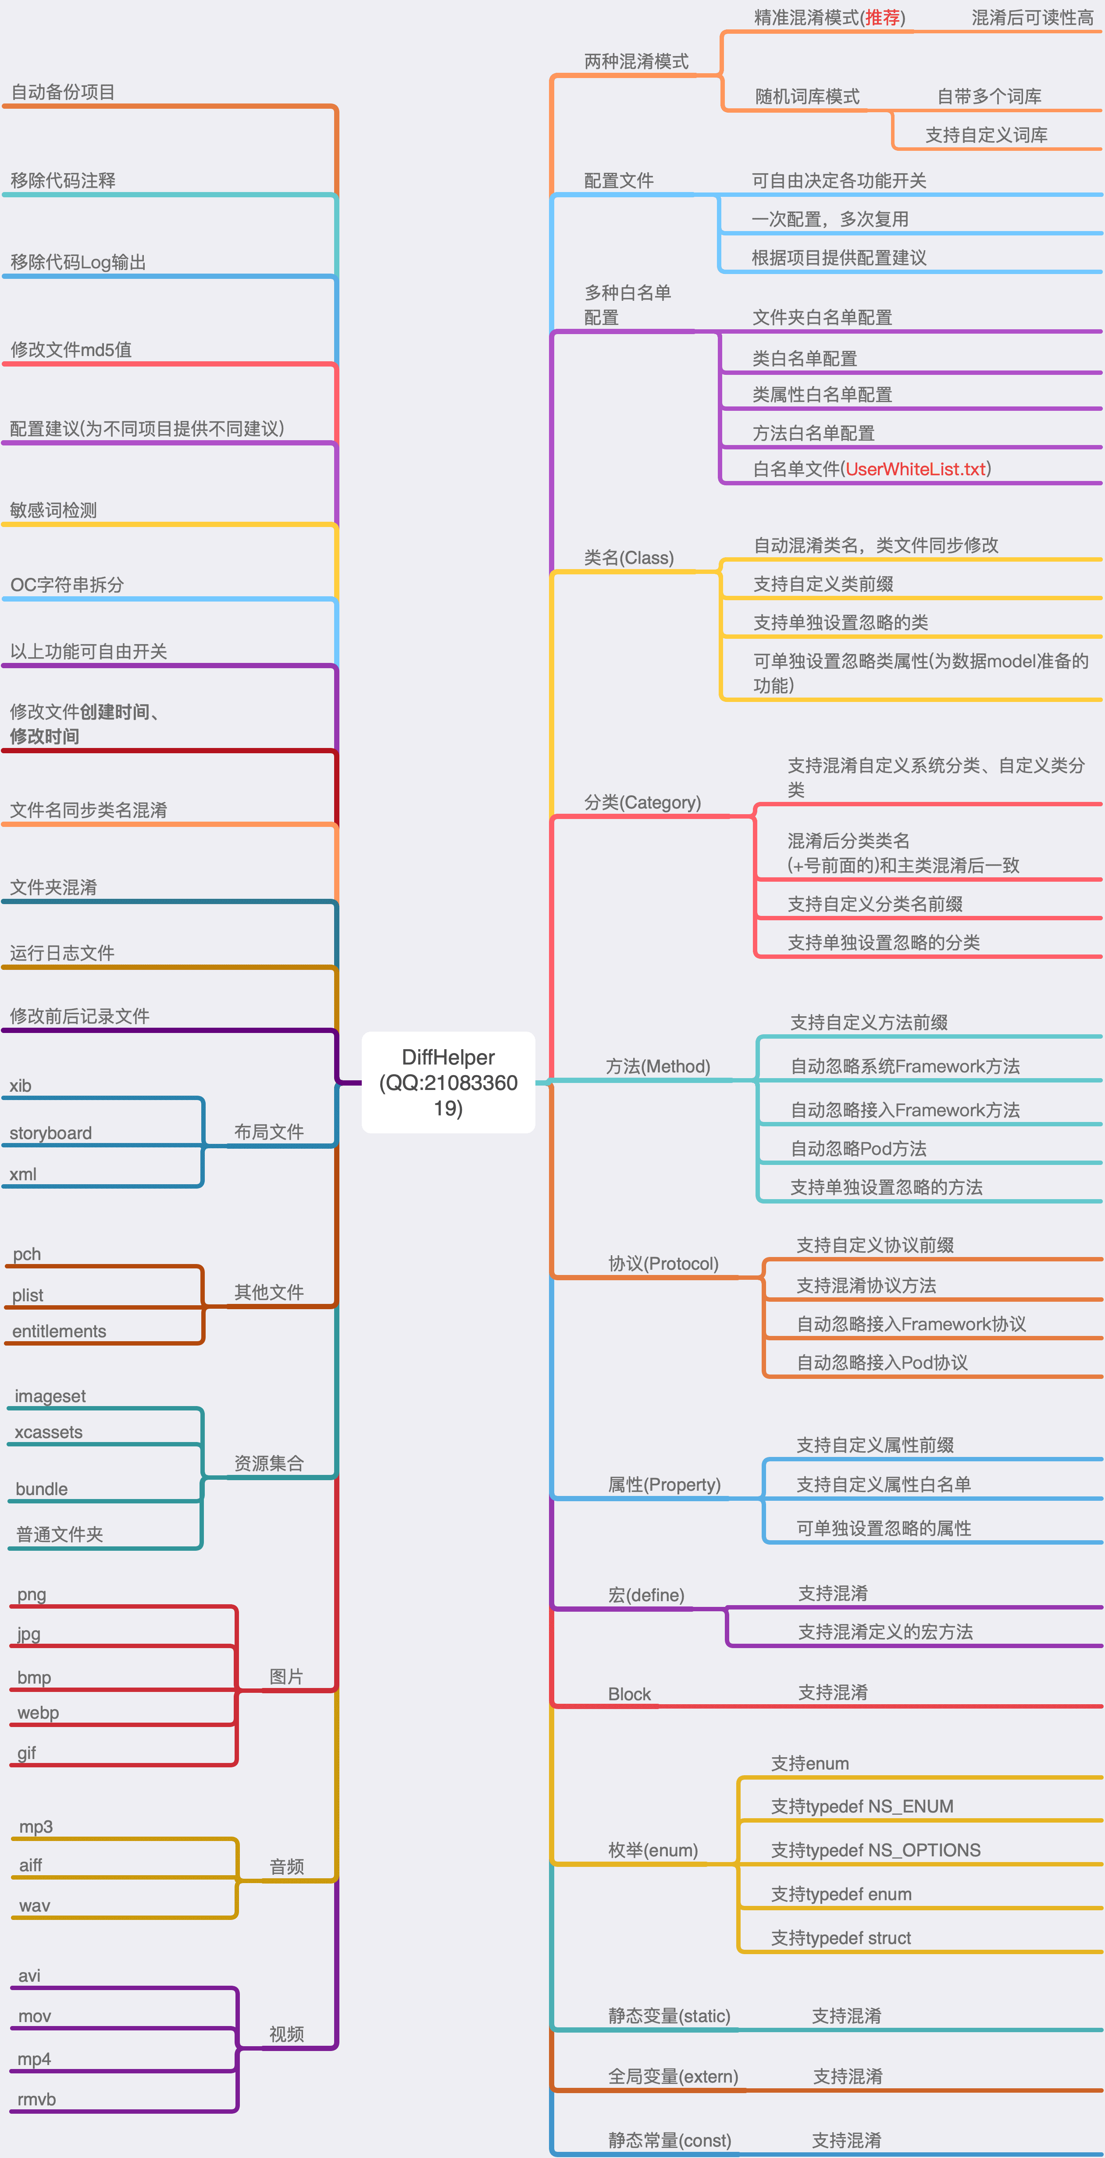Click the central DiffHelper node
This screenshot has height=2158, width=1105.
tap(448, 1083)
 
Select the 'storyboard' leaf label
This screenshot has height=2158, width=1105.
tap(50, 1132)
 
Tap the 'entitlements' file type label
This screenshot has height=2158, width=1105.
tap(59, 1331)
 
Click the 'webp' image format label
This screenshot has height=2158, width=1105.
tap(38, 1713)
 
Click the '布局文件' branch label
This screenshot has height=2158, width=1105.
tap(269, 1132)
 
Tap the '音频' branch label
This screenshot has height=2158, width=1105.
tap(286, 1866)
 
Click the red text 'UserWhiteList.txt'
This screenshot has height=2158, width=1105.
tap(916, 469)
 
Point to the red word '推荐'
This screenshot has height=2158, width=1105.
tap(882, 18)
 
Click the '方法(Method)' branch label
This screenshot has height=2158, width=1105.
tap(658, 1066)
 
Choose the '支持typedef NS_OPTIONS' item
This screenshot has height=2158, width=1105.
tap(876, 1850)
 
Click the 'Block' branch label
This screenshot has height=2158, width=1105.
tap(629, 1694)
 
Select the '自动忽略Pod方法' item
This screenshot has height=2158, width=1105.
tap(859, 1149)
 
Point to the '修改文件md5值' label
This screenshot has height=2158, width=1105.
tap(71, 349)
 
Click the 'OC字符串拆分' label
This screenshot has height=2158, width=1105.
tap(67, 585)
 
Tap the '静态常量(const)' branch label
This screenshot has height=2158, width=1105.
tap(670, 2140)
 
